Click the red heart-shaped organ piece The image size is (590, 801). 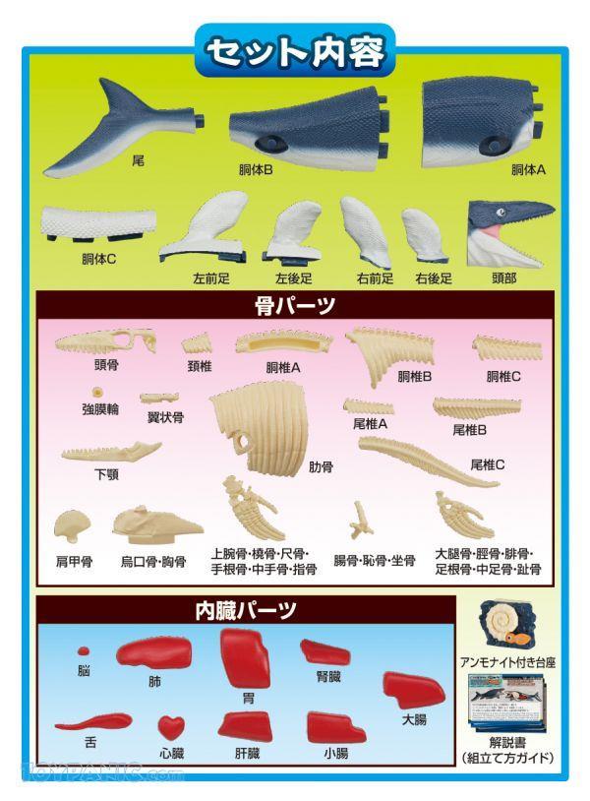(x=171, y=727)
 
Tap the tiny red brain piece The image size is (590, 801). (x=84, y=650)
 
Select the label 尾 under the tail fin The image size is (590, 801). (x=138, y=161)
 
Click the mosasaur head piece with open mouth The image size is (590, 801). (x=508, y=232)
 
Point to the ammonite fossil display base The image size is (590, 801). (x=506, y=625)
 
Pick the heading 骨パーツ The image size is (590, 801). (x=294, y=305)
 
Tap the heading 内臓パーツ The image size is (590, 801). (x=246, y=610)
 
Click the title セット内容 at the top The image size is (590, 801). (x=294, y=51)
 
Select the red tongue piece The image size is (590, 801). (x=93, y=721)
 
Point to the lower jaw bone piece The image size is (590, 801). (x=111, y=452)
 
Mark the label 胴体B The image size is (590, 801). (x=256, y=170)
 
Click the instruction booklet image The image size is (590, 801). (x=506, y=704)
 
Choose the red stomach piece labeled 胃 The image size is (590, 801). (x=246, y=658)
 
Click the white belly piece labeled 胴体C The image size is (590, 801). (x=98, y=223)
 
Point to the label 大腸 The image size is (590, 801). (x=414, y=719)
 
